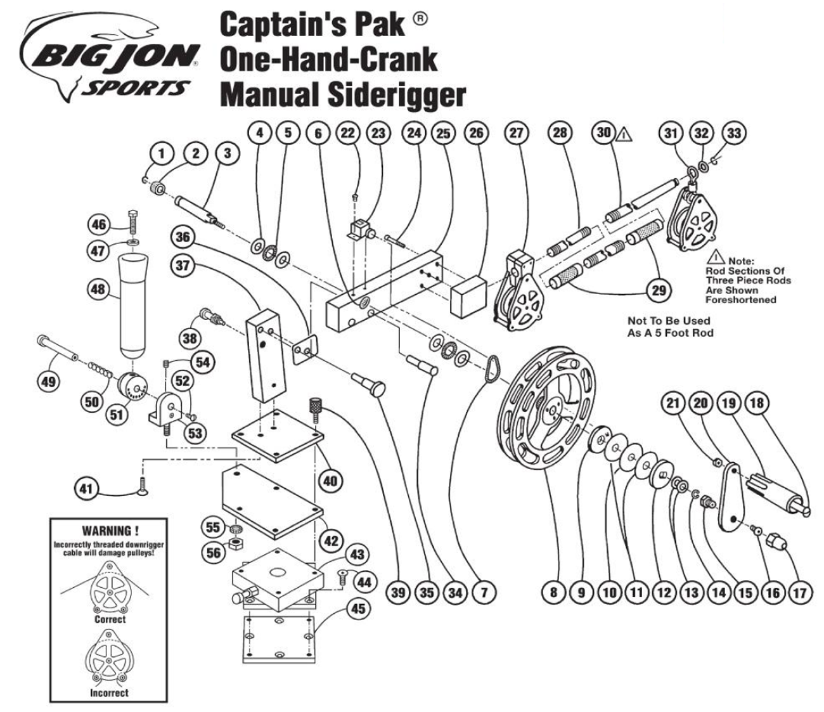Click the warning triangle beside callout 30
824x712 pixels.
(624, 134)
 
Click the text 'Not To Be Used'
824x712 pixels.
(669, 321)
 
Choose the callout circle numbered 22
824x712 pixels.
(348, 133)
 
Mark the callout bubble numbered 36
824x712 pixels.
(183, 236)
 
